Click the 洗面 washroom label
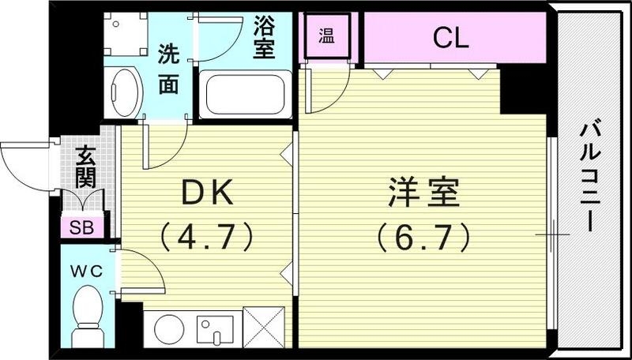(167, 70)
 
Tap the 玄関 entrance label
(86, 167)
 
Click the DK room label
(206, 191)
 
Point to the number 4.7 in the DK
(206, 234)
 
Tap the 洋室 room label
(424, 191)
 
